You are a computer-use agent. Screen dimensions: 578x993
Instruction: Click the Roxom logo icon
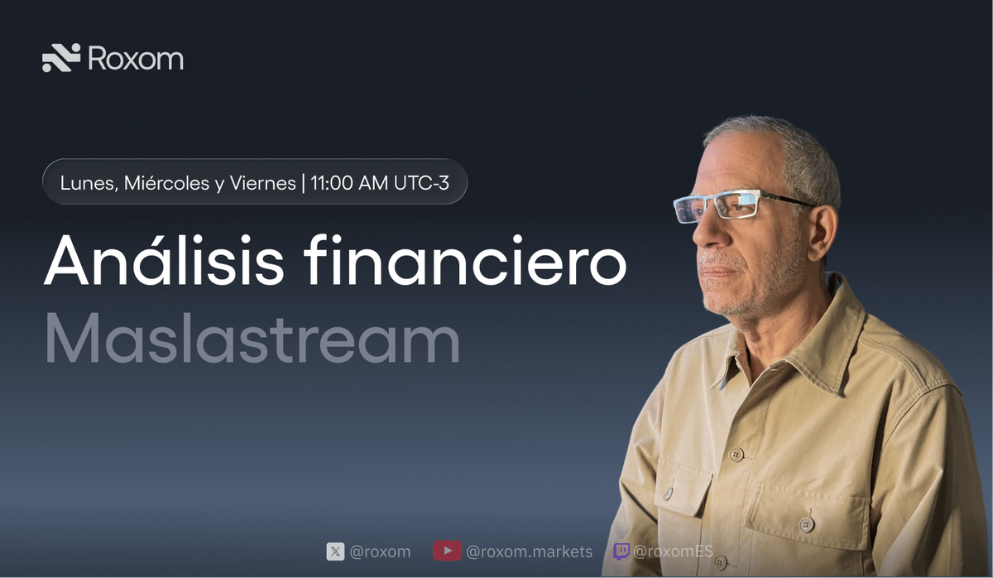pyautogui.click(x=61, y=57)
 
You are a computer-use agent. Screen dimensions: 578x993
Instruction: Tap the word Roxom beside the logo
pyautogui.click(x=135, y=58)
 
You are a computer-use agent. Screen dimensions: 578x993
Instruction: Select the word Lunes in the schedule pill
pyautogui.click(x=89, y=182)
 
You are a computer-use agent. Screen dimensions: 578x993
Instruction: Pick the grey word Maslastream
pyautogui.click(x=252, y=339)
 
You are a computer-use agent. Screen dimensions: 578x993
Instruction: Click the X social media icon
pyautogui.click(x=335, y=552)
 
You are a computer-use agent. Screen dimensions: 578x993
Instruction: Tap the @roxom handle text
pyautogui.click(x=380, y=552)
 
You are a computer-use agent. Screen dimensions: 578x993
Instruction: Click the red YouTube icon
pyautogui.click(x=447, y=552)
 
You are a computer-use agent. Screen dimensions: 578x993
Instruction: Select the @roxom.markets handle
pyautogui.click(x=529, y=552)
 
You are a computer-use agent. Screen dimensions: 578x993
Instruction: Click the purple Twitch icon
pyautogui.click(x=621, y=551)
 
